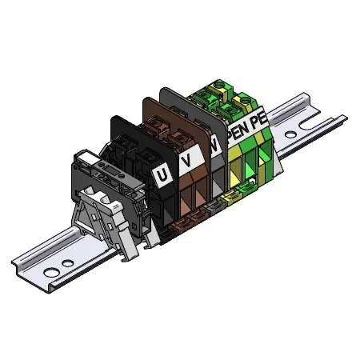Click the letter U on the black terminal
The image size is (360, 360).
(x=162, y=175)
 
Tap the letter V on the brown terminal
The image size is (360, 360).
(x=187, y=160)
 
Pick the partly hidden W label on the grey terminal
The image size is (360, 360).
(x=215, y=146)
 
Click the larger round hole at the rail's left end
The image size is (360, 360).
(x=51, y=273)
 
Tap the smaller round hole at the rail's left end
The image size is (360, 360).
(x=68, y=263)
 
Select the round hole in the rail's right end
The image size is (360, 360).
(x=290, y=135)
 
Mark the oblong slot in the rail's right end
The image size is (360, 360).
(x=310, y=123)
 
